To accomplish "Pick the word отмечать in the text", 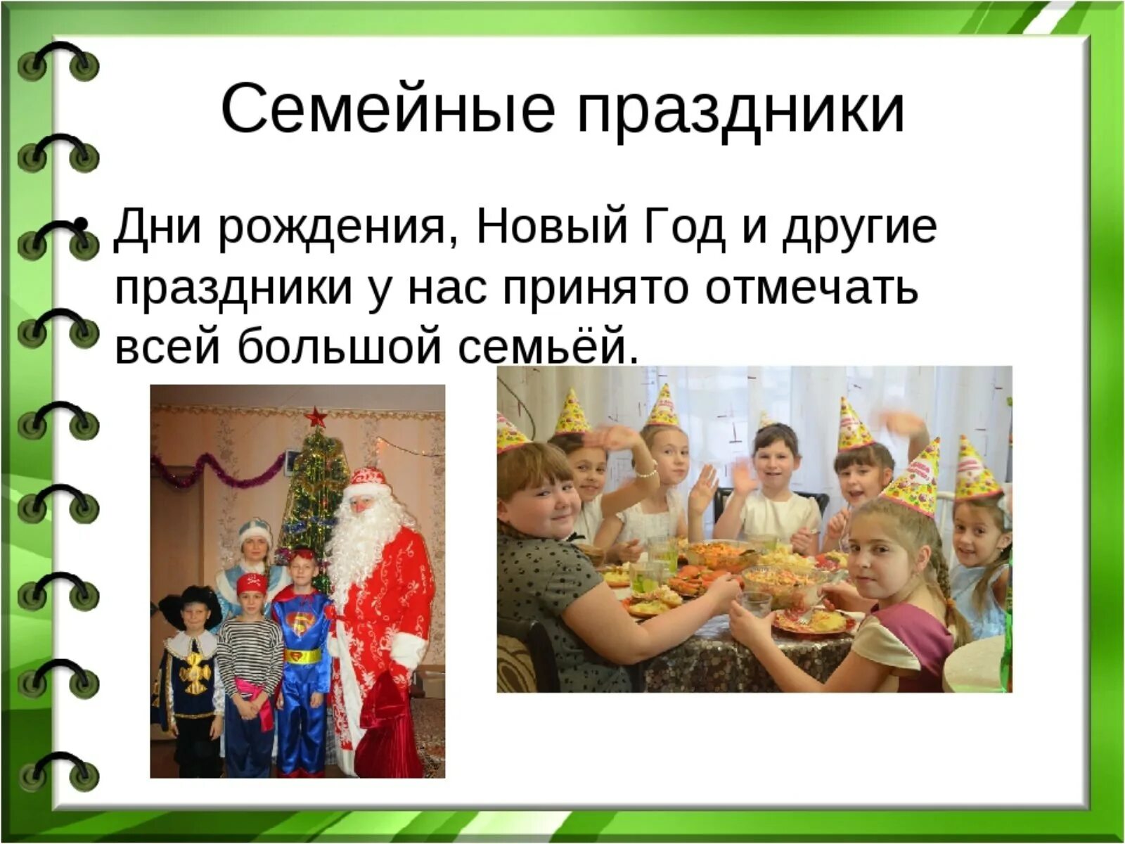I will click(x=812, y=287).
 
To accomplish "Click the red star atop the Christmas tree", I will click(x=316, y=417).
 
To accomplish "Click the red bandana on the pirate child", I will click(x=252, y=582).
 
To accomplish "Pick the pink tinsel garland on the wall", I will click(x=211, y=468).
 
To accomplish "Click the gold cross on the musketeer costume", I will click(x=194, y=672).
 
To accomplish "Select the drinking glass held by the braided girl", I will click(x=756, y=603).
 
